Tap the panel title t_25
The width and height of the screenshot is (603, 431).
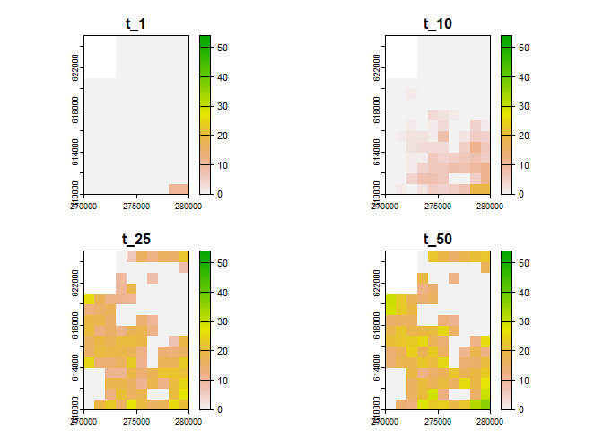tap(135, 239)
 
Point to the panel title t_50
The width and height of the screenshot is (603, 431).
tap(437, 239)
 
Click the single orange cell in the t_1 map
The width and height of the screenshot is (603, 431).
tap(179, 189)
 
